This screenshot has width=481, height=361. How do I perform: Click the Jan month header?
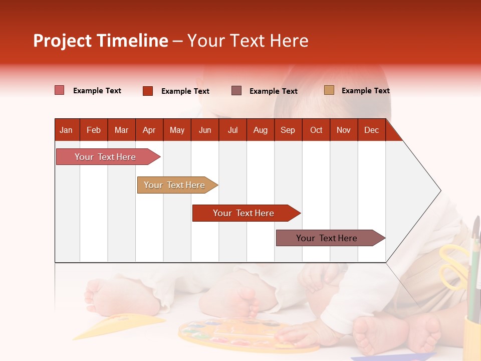pyautogui.click(x=66, y=130)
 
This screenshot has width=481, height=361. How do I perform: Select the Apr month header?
pyautogui.click(x=149, y=130)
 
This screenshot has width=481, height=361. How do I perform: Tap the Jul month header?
pyautogui.click(x=232, y=130)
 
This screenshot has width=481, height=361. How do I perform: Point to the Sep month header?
pyautogui.click(x=288, y=130)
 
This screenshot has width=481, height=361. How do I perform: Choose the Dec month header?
pyautogui.click(x=371, y=130)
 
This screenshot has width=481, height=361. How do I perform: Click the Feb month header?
pyautogui.click(x=94, y=130)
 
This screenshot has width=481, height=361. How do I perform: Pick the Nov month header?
pyautogui.click(x=343, y=130)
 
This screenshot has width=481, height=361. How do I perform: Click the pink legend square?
pyautogui.click(x=60, y=90)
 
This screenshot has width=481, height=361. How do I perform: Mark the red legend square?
pyautogui.click(x=148, y=91)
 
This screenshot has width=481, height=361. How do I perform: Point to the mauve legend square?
pyautogui.click(x=236, y=90)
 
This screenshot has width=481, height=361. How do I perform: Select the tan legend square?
pyautogui.click(x=329, y=90)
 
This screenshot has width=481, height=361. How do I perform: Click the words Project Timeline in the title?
pyautogui.click(x=101, y=41)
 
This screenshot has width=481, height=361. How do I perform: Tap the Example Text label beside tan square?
pyautogui.click(x=365, y=91)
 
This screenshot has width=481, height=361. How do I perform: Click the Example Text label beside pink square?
pyautogui.click(x=97, y=91)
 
